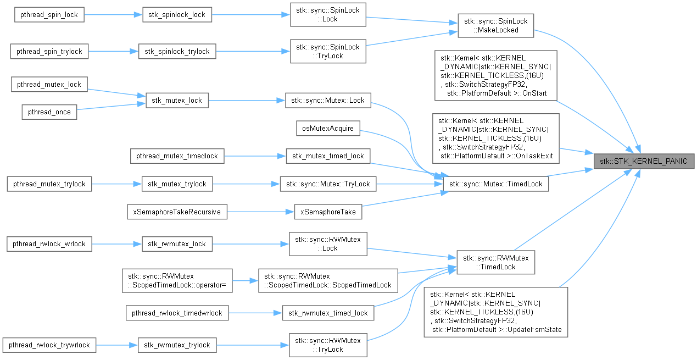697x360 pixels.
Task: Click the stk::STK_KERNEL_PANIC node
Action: pos(644,162)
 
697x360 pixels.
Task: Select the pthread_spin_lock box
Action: pos(49,15)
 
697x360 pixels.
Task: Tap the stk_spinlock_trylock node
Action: pos(177,51)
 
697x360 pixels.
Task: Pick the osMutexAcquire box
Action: pos(328,128)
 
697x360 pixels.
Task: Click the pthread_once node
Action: pos(49,112)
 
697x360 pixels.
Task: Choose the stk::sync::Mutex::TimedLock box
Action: pos(495,184)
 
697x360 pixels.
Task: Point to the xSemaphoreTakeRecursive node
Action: pos(177,212)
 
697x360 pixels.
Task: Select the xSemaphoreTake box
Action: pos(328,212)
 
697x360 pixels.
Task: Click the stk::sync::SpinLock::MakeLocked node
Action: pos(495,25)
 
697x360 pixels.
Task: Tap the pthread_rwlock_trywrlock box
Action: pos(49,345)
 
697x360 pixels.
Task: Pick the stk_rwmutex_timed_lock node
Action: pos(328,313)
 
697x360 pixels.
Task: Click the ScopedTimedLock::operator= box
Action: pos(177,281)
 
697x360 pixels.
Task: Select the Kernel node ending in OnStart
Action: pos(495,75)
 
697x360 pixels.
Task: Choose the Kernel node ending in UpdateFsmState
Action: pos(495,312)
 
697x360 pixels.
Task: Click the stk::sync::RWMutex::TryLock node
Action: pos(328,345)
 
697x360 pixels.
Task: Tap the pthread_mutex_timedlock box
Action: pos(177,156)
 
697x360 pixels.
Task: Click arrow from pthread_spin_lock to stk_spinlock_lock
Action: pos(113,15)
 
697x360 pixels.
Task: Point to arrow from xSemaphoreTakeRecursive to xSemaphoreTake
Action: pos(261,212)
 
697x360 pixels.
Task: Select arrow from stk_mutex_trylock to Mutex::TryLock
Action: pos(247,184)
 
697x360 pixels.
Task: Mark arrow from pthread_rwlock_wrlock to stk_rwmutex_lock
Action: pos(117,244)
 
